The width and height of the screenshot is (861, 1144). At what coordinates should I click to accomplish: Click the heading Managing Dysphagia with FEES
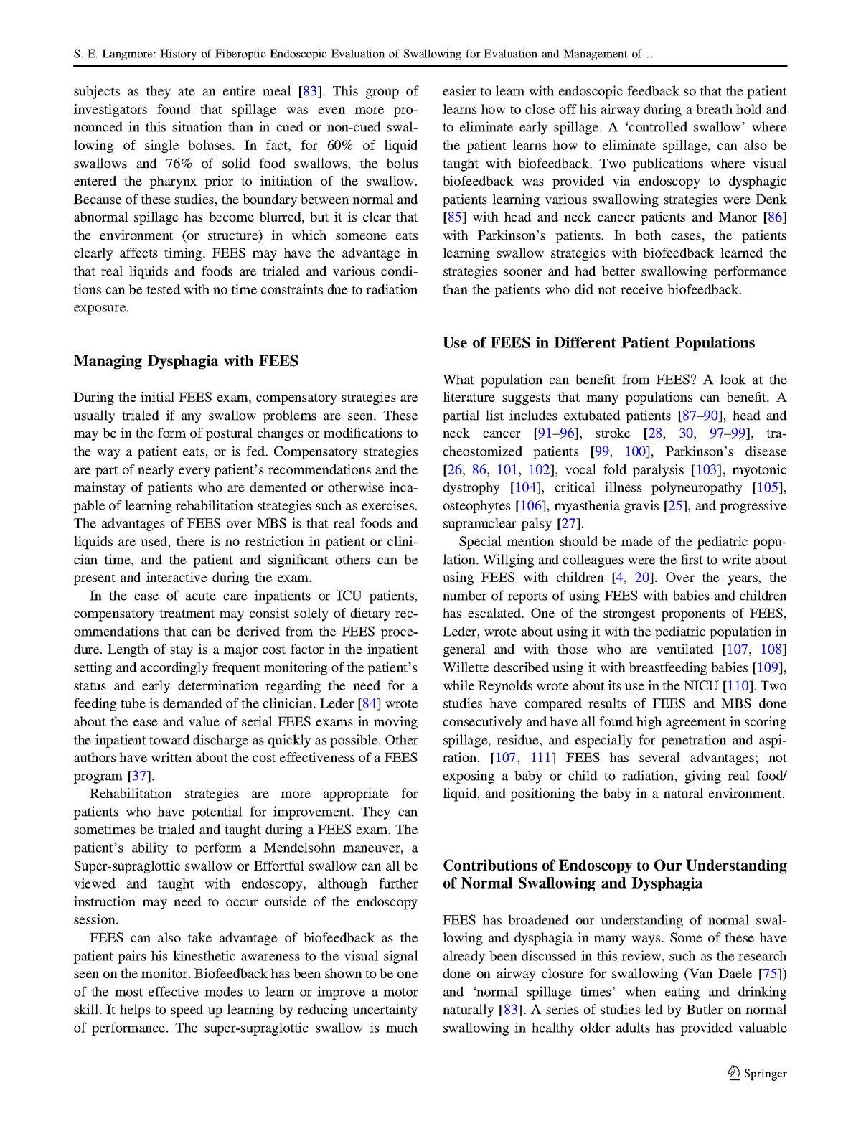(x=186, y=361)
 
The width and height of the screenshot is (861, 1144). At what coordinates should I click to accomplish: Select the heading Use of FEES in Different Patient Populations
(x=598, y=343)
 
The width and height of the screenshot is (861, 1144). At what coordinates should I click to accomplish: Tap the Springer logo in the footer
(x=757, y=1074)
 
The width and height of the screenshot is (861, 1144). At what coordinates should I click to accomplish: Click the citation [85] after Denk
(x=454, y=217)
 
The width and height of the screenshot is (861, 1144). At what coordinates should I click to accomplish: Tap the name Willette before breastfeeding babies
(x=466, y=668)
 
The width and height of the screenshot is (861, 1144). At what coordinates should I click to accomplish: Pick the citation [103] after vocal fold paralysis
(x=705, y=470)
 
